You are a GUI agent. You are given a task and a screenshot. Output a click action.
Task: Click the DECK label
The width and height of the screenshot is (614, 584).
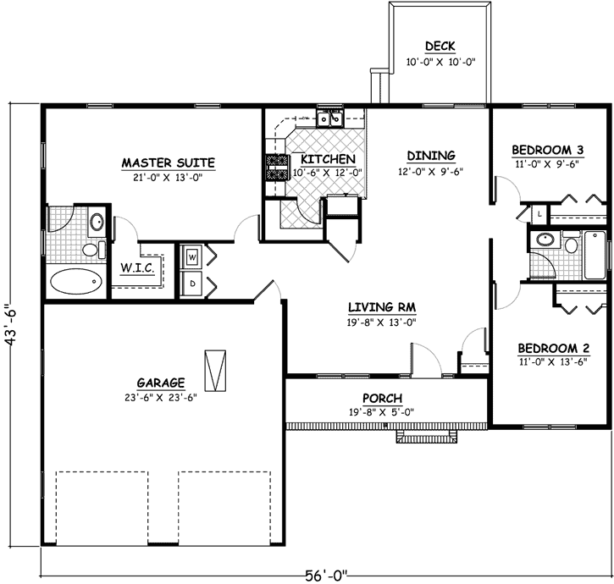coord(440,47)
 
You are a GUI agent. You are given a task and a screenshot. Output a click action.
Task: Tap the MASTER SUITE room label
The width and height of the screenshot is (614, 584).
coord(168,162)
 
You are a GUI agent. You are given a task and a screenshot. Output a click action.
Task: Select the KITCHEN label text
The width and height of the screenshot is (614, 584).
coord(322,158)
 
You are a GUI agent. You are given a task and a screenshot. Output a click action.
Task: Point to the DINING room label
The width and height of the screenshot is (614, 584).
coord(431,156)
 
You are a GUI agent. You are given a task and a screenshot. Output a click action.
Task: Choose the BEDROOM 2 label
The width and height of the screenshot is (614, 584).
coord(547,348)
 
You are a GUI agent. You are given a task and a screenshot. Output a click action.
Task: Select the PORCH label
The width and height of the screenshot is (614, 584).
coord(383,398)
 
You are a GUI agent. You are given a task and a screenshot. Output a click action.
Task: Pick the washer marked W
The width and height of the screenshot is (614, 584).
coord(192,256)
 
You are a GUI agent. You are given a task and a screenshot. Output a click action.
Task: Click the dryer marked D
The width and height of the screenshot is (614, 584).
coord(192,284)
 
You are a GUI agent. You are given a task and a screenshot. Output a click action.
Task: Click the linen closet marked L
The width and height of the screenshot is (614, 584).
coord(539,214)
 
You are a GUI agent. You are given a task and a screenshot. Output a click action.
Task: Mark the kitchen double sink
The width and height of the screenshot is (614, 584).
coord(329,118)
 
